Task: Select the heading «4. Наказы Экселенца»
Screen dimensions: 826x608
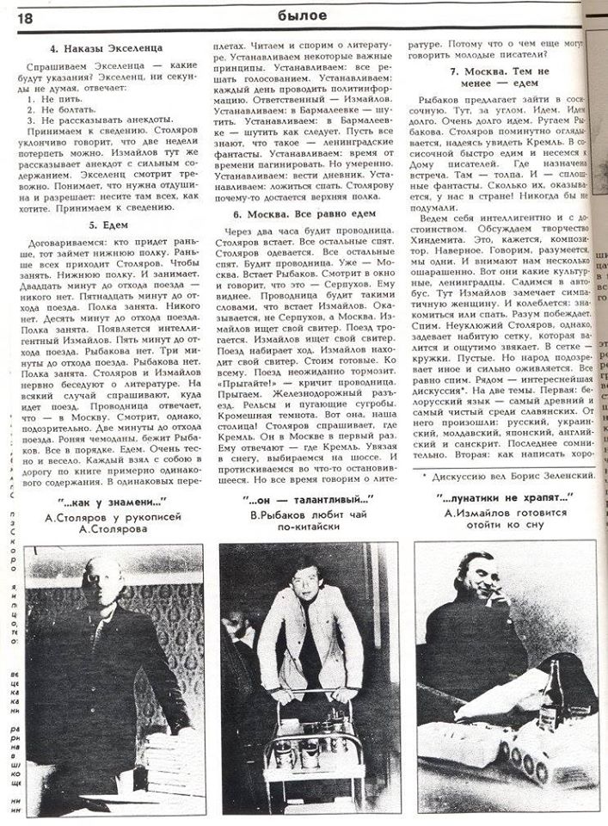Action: pos(107,48)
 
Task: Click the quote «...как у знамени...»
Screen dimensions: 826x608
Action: pos(108,501)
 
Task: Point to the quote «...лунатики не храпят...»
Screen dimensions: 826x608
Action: pos(507,499)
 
